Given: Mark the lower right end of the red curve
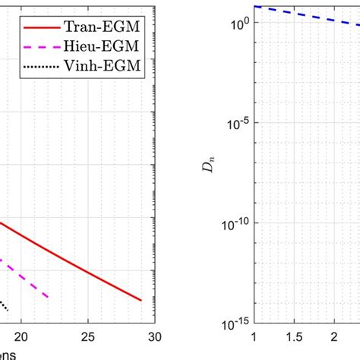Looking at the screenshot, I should pos(141,299).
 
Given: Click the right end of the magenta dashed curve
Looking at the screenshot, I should pos(48,295).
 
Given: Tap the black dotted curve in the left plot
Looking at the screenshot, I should pos(4,305).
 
